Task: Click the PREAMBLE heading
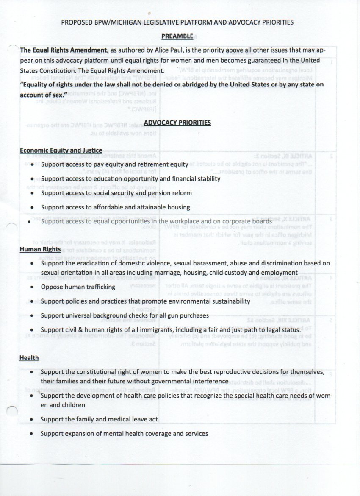(x=180, y=37)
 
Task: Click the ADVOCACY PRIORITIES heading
(x=177, y=123)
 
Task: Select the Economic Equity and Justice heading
(x=61, y=150)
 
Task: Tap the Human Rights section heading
(x=40, y=249)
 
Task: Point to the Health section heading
(x=29, y=358)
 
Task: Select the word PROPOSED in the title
(x=78, y=22)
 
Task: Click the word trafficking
(x=98, y=287)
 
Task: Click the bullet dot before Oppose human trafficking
(x=33, y=287)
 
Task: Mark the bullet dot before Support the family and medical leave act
(x=33, y=420)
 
